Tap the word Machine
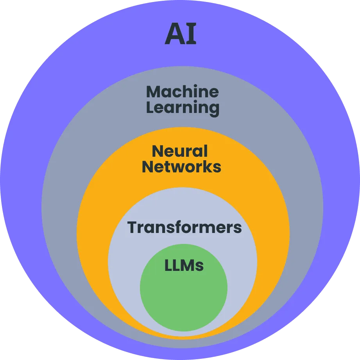[x=182, y=92]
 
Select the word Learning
[x=183, y=107]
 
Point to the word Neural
[x=180, y=151]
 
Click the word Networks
[x=181, y=167]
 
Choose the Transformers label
[x=184, y=227]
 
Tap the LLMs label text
[x=184, y=266]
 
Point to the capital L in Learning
[x=150, y=107]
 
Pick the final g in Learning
[x=214, y=109]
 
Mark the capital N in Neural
[x=157, y=151]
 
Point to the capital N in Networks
[x=148, y=167]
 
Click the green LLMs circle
[x=184, y=297]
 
